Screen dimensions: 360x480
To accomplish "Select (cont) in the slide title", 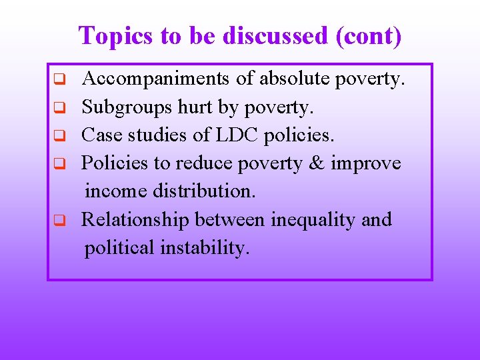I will point(370,35).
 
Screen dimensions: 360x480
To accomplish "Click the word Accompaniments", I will point(157,79).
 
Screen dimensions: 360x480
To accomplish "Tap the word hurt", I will point(191,107).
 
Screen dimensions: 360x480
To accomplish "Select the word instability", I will point(205,248).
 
